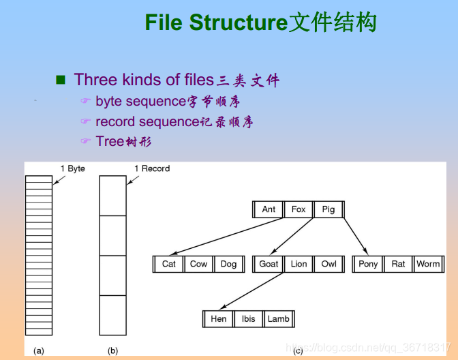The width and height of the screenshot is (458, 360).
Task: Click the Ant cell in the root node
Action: tap(269, 209)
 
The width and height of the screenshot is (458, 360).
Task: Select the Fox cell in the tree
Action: tap(299, 209)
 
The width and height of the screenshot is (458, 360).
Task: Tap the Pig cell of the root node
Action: tap(329, 209)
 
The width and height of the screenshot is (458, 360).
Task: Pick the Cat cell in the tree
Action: tap(169, 264)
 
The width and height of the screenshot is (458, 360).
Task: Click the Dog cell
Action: tap(228, 264)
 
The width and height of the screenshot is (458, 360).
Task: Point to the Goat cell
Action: tap(269, 264)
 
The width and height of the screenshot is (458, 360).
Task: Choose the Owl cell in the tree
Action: tap(329, 264)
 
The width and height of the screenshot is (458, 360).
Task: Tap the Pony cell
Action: tap(368, 264)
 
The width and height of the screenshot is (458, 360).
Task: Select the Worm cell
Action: tap(428, 264)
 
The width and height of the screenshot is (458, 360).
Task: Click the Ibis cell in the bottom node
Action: tap(248, 318)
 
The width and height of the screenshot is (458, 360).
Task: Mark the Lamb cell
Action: tap(278, 318)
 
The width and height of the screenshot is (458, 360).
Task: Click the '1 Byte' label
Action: tap(73, 168)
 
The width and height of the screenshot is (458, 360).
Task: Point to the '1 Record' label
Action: tap(152, 168)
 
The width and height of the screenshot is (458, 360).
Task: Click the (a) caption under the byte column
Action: tap(39, 350)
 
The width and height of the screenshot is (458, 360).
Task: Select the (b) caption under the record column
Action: tap(112, 350)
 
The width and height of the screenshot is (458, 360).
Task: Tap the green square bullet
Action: tap(61, 80)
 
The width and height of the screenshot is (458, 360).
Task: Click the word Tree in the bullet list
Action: tap(110, 141)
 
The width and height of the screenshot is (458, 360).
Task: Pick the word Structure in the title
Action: tap(239, 22)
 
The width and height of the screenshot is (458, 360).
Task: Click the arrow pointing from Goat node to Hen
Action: tap(251, 290)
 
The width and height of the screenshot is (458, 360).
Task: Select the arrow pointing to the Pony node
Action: tap(356, 236)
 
